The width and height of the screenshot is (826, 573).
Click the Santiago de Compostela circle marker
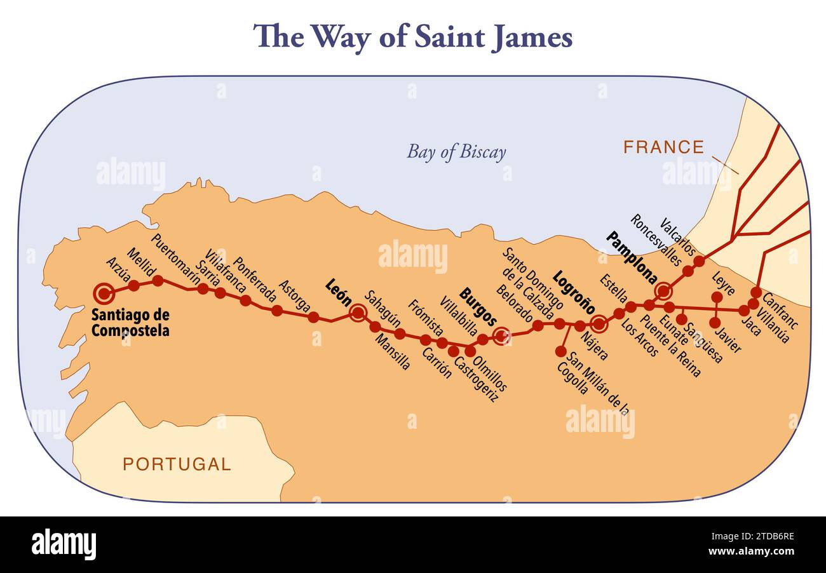click(x=104, y=293)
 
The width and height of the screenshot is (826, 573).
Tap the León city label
click(x=337, y=293)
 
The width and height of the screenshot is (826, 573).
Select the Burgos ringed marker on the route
click(x=502, y=335)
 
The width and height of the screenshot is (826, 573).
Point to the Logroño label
click(x=574, y=292)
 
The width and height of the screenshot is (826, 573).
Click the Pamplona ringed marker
click(x=663, y=291)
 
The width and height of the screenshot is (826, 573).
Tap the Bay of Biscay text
click(x=456, y=152)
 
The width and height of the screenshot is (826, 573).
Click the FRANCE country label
click(x=663, y=147)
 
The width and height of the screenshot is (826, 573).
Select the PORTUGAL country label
click(x=177, y=464)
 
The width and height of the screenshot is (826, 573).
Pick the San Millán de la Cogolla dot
click(x=560, y=351)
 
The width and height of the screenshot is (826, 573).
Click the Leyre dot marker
click(x=717, y=297)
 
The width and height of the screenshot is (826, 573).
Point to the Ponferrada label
click(x=255, y=280)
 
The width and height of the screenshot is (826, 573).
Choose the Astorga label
click(x=294, y=297)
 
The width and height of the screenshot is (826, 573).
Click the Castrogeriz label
click(x=477, y=379)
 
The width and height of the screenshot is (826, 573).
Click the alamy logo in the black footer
click(x=64, y=544)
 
